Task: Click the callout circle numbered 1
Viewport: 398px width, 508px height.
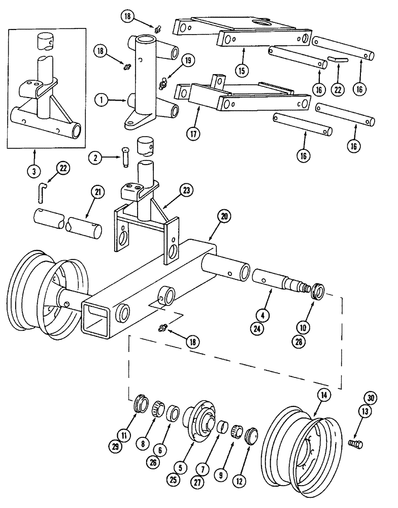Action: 103,101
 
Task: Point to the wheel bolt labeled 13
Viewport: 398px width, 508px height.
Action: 356,443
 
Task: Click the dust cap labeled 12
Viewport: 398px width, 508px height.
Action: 252,436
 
